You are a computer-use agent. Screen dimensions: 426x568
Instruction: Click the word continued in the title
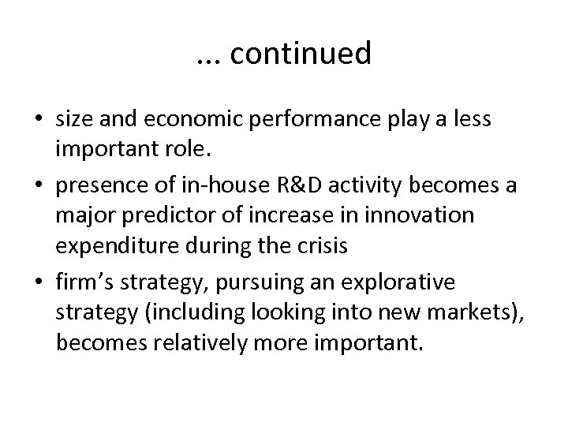tap(302, 54)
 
